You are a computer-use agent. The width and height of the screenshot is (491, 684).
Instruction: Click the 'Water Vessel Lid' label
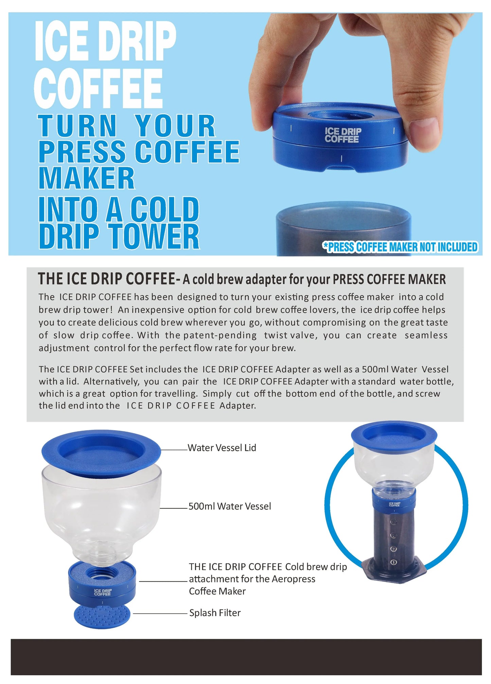click(x=222, y=448)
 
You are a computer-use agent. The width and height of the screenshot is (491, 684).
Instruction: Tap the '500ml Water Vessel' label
click(x=230, y=506)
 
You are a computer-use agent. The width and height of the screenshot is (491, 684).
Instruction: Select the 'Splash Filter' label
click(x=215, y=613)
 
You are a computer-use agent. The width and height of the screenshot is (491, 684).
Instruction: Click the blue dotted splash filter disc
click(x=102, y=616)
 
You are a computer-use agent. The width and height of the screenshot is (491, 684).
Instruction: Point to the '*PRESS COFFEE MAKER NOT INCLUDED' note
click(x=400, y=247)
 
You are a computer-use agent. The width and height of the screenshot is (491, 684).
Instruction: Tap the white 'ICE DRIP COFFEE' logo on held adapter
click(x=343, y=135)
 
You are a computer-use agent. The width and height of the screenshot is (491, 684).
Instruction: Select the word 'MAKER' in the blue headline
click(x=87, y=178)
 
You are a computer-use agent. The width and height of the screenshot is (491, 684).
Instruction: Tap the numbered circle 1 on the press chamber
click(x=393, y=562)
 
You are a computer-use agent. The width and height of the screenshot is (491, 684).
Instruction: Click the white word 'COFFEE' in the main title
click(x=99, y=88)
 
